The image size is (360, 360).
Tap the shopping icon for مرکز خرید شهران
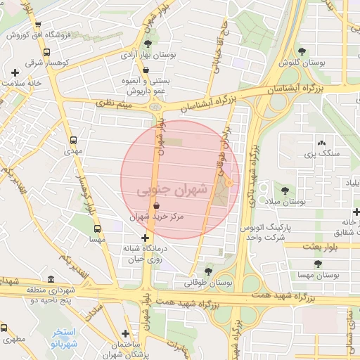[x=155, y=205]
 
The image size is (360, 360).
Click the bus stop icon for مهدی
[x=73, y=140]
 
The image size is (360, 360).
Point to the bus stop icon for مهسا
[x=97, y=228]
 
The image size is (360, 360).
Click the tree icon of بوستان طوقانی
[x=207, y=271]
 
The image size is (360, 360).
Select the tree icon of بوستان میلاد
[x=285, y=191]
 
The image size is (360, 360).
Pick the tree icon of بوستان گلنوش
[x=302, y=51]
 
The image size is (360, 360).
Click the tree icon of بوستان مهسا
[x=318, y=264]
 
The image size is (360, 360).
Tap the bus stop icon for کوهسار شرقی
[x=46, y=52]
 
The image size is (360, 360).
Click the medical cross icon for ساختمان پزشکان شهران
[x=125, y=334]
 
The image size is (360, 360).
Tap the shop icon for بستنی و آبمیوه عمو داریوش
[x=146, y=71]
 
